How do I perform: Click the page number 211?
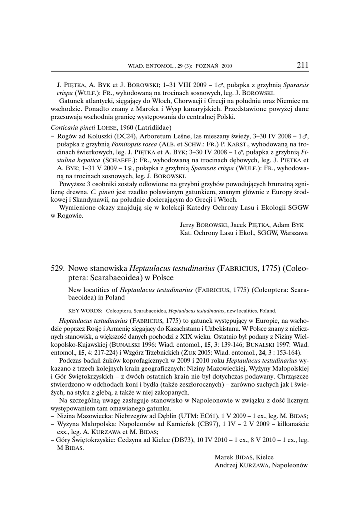[303, 65]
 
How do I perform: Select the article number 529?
[58, 268]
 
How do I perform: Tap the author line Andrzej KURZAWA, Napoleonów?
[260, 465]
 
